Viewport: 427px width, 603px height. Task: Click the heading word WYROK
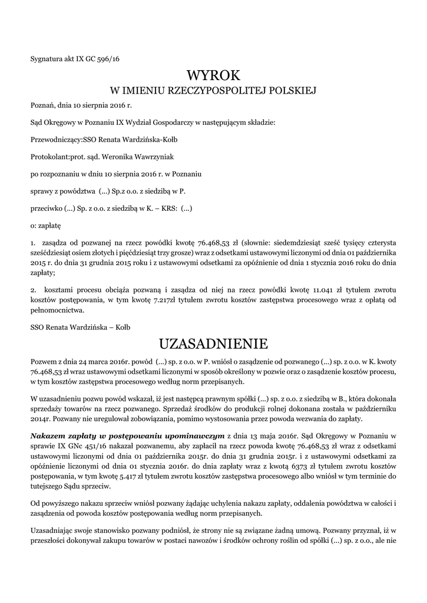pyautogui.click(x=213, y=75)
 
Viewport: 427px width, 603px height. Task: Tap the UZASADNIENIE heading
pyautogui.click(x=213, y=343)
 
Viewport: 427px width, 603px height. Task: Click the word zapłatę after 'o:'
pyautogui.click(x=50, y=225)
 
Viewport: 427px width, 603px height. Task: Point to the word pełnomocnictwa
pyautogui.click(x=58, y=310)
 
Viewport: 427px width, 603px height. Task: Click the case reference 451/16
pyautogui.click(x=94, y=446)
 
